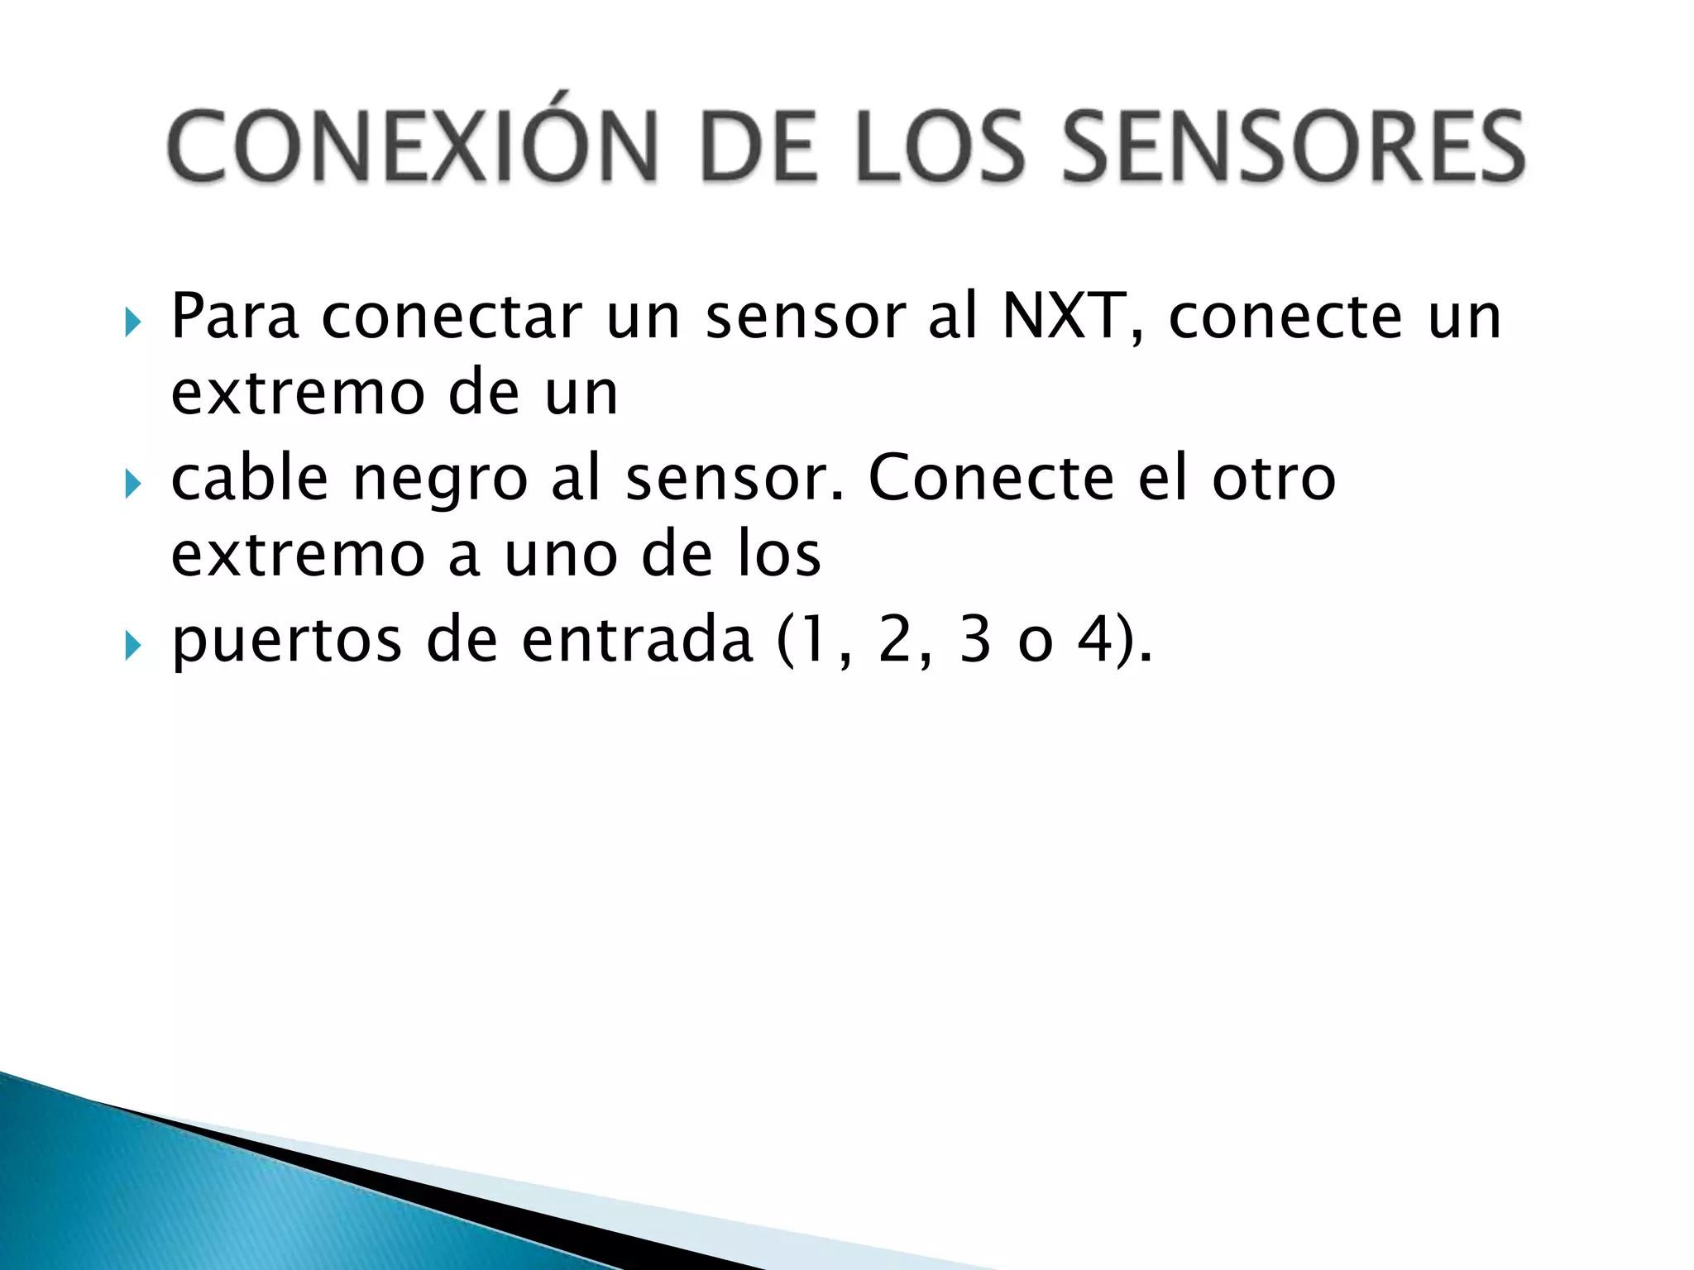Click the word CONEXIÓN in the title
click(413, 147)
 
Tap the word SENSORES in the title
click(1293, 147)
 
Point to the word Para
click(234, 317)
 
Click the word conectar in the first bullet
click(452, 317)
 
